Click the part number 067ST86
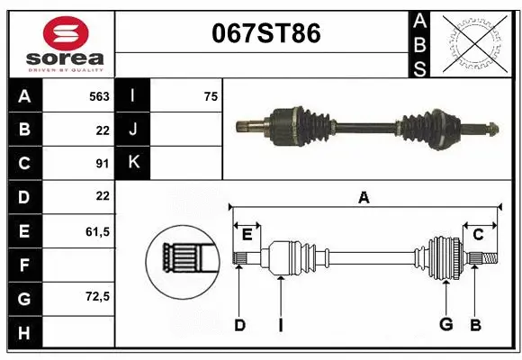[265, 34]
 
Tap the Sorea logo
[61, 42]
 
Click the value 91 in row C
[102, 163]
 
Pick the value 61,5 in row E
[97, 231]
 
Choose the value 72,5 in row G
[97, 296]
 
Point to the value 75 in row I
[211, 96]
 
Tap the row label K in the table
[133, 163]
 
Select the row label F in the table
[24, 265]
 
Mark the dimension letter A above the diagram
[364, 198]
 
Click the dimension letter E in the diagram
[247, 236]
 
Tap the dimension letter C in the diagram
[479, 235]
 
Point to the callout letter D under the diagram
[239, 325]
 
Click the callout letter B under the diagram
[476, 325]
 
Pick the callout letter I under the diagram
[280, 325]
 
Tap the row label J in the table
[133, 130]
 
